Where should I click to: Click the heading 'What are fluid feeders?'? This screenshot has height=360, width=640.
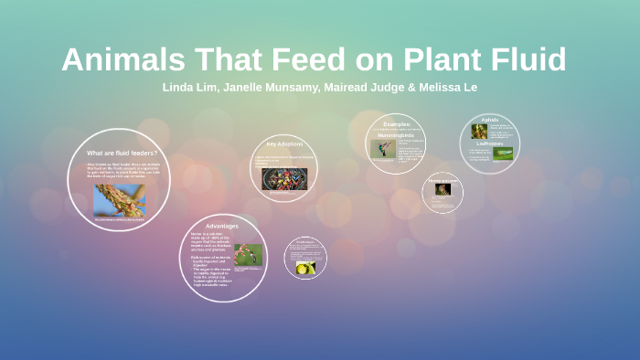pos(122,153)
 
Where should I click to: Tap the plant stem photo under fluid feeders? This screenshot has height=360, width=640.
pos(119,200)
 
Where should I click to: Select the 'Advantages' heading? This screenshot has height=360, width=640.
pos(221,225)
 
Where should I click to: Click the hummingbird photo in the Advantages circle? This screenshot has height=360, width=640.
pos(248,254)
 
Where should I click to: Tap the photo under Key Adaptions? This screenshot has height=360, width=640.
pos(284,178)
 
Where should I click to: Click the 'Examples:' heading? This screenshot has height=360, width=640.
pos(397,123)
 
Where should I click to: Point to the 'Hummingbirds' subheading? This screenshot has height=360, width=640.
pos(397,134)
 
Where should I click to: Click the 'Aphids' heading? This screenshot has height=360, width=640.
pos(490,120)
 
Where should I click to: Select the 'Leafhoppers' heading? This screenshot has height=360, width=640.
pos(489,143)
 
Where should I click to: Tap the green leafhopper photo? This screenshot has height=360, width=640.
pos(503,154)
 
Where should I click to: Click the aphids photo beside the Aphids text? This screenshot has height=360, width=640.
pos(479,131)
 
